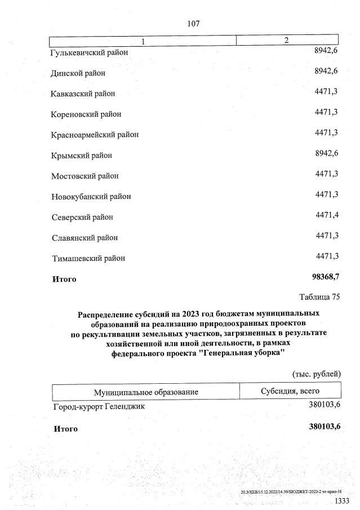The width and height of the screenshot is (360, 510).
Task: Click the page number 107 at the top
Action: click(x=193, y=24)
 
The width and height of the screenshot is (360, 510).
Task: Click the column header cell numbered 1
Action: click(x=143, y=41)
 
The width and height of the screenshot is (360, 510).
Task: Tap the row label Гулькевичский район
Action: click(x=90, y=52)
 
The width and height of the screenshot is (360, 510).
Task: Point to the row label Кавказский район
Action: click(x=83, y=94)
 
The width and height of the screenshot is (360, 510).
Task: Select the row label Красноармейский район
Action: click(x=95, y=135)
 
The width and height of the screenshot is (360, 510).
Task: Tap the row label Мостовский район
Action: click(x=85, y=176)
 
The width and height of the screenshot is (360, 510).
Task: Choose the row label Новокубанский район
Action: click(x=91, y=197)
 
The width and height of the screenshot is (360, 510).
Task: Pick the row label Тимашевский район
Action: click(x=88, y=258)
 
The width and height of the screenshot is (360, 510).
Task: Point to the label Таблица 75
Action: click(x=319, y=296)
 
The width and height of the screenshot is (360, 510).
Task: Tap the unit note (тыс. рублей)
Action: click(x=316, y=374)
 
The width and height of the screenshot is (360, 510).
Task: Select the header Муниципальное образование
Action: click(x=146, y=392)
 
